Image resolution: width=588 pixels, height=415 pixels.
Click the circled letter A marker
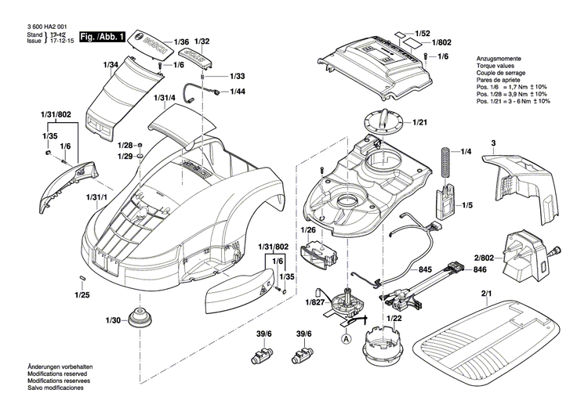[346, 339]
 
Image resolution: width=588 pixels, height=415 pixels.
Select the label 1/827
[316, 301]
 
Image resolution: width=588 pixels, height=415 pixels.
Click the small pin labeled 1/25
[81, 280]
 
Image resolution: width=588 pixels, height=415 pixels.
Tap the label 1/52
[423, 34]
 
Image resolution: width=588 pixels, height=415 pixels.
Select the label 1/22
[394, 319]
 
